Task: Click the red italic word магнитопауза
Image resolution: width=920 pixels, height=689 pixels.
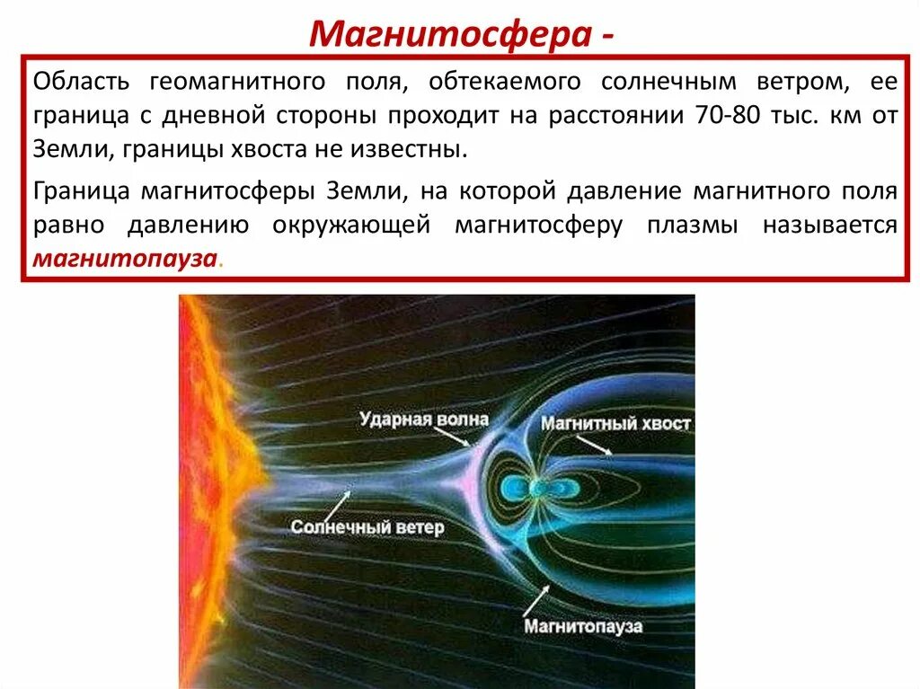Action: click(x=126, y=260)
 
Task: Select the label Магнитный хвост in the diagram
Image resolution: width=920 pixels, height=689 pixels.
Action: click(x=615, y=423)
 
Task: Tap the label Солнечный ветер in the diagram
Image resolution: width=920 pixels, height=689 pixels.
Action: click(x=367, y=527)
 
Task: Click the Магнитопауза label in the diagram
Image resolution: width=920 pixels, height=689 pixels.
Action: click(x=583, y=625)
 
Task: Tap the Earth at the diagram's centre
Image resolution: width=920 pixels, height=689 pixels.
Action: click(x=536, y=488)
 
